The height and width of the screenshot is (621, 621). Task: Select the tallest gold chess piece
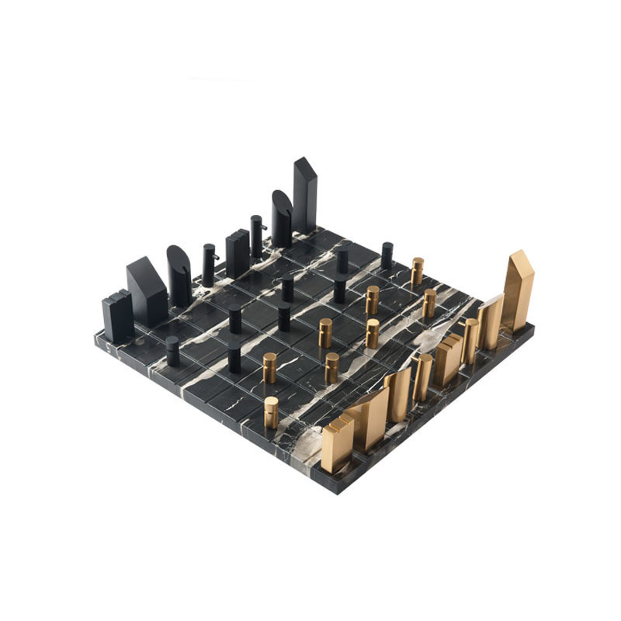click(x=519, y=291)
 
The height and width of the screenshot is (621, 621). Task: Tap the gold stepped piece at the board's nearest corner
click(x=338, y=442)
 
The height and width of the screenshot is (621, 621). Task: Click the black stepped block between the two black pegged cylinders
click(x=238, y=253)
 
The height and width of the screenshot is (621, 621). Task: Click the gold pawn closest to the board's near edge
click(x=271, y=412)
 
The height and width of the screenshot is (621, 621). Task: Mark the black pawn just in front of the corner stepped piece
click(x=172, y=352)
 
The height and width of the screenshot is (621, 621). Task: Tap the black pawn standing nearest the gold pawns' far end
click(x=387, y=255)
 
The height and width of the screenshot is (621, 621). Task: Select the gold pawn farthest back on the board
click(x=418, y=271)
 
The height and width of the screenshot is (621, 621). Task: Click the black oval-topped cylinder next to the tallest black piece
click(x=281, y=219)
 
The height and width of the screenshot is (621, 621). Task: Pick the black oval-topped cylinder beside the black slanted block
click(x=179, y=276)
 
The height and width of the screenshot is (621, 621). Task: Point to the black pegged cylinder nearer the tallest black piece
click(x=257, y=237)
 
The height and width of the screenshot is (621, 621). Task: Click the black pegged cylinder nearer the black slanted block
click(x=209, y=265)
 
